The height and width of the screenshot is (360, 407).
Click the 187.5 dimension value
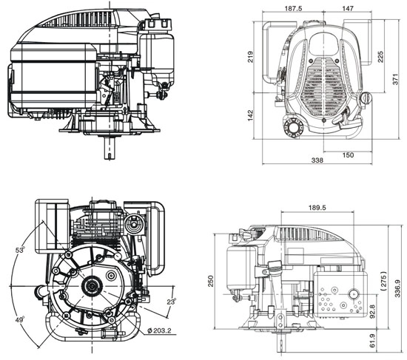coord(292,9)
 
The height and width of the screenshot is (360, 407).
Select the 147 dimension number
coord(347,9)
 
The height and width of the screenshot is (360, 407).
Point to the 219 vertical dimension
coord(252,56)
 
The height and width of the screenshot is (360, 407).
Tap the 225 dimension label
coord(380,57)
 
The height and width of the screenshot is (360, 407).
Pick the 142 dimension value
coord(252,117)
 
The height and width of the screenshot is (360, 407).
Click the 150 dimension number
coord(349,155)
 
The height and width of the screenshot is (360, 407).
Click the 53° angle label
coord(20,251)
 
